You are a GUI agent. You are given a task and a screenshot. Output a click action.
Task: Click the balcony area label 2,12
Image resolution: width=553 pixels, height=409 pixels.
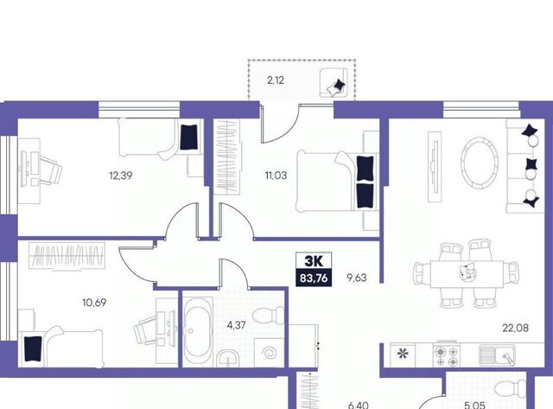pyautogui.click(x=276, y=80)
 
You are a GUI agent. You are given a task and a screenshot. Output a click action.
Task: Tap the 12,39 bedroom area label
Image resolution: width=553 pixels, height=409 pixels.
pyautogui.click(x=121, y=175)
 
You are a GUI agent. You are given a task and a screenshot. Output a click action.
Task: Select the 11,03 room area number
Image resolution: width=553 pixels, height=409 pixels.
pyautogui.click(x=276, y=175)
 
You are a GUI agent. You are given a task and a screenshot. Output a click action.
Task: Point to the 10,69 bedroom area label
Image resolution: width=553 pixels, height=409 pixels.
pyautogui.click(x=94, y=303)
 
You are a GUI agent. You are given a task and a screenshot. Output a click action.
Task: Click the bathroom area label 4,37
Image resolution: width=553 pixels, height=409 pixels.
pyautogui.click(x=236, y=325)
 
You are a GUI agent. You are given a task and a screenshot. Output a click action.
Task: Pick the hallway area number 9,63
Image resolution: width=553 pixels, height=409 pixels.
pyautogui.click(x=357, y=278)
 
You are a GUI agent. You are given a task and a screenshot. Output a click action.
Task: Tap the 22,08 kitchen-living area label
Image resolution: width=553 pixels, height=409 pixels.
pyautogui.click(x=515, y=328)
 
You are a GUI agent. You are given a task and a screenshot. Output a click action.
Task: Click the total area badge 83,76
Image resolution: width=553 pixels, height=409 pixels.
pyautogui.click(x=314, y=278)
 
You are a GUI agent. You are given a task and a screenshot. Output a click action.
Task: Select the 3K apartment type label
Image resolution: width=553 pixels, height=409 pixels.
pyautogui.click(x=313, y=261)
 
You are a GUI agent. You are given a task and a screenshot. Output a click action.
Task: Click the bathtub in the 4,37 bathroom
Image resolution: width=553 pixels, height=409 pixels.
pyautogui.click(x=198, y=331)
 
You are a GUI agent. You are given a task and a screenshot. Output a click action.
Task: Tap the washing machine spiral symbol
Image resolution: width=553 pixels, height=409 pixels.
pyautogui.click(x=270, y=353)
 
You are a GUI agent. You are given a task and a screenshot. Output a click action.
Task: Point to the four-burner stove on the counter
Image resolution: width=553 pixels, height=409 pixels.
pyautogui.click(x=447, y=355)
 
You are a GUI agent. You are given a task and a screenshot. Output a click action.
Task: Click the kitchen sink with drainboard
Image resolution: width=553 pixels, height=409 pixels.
pyautogui.click(x=496, y=355)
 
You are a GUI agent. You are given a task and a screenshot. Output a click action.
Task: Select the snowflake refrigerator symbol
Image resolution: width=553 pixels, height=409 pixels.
pyautogui.click(x=402, y=354)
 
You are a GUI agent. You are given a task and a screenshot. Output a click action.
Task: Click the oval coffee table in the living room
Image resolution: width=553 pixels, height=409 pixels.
pyautogui.click(x=480, y=162)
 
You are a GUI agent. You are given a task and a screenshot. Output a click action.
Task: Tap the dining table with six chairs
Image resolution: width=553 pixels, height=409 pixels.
pyautogui.click(x=466, y=273)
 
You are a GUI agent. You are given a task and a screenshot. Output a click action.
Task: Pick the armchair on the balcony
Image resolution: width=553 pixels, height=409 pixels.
pyautogui.click(x=334, y=82)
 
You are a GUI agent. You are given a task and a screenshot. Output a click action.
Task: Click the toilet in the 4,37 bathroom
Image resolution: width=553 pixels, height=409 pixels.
pyautogui.click(x=269, y=315)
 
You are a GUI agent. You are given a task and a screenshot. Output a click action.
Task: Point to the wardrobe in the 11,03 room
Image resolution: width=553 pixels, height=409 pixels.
pyautogui.click(x=226, y=157)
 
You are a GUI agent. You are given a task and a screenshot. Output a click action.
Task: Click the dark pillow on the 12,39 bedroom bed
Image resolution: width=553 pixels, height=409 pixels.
pyautogui.click(x=190, y=137)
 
